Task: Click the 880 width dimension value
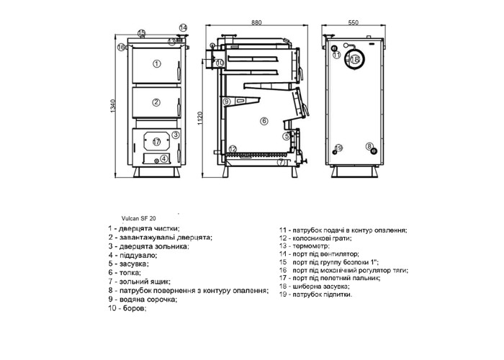256,22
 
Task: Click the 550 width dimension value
354,22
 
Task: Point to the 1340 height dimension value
112,106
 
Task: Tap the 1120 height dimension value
199,118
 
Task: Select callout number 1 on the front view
156,63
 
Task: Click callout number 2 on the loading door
156,102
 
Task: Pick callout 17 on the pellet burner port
156,141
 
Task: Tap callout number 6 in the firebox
264,121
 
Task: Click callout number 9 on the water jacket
226,102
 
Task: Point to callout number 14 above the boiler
183,27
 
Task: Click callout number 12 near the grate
233,149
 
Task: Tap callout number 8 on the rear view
369,146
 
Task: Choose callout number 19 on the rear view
339,148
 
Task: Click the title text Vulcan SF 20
139,218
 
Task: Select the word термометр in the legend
310,246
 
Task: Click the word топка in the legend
130,273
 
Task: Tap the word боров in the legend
134,309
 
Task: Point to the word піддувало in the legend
138,256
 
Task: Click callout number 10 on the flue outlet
220,63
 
